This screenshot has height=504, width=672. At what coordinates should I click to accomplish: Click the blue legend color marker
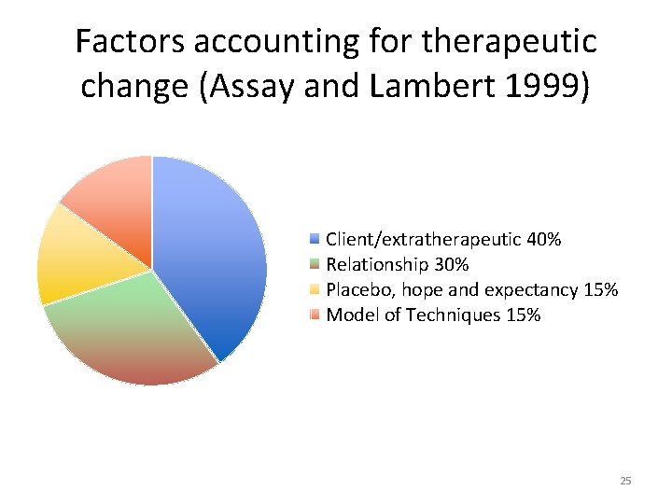click(x=315, y=240)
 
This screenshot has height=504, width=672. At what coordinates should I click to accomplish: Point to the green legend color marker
click(x=315, y=265)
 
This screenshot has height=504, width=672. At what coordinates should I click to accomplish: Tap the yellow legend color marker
click(x=315, y=290)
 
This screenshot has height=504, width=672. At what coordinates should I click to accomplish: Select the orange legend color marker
click(x=315, y=315)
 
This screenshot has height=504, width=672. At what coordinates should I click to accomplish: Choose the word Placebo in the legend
click(x=357, y=290)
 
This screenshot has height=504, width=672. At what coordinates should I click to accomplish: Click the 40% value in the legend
click(x=544, y=240)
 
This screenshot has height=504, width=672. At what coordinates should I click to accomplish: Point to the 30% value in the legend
click(x=451, y=265)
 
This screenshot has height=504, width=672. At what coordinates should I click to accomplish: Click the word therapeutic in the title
click(x=510, y=42)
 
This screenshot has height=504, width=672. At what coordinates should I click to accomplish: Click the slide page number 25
click(x=625, y=481)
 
